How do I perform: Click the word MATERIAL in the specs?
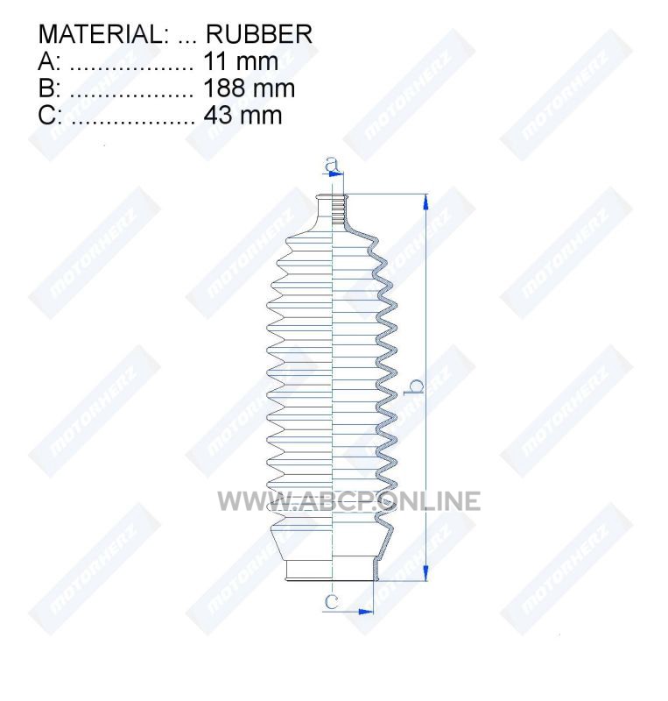[x=102, y=34]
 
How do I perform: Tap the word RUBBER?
[x=259, y=34]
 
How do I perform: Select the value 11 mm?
[x=241, y=60]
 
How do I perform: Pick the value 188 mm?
[x=249, y=89]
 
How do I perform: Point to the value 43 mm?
[x=243, y=115]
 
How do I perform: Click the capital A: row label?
[x=49, y=60]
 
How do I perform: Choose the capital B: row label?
[x=49, y=89]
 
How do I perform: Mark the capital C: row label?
[x=50, y=115]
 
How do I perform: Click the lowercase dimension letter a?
[x=332, y=165]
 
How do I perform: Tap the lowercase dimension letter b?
[x=414, y=387]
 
